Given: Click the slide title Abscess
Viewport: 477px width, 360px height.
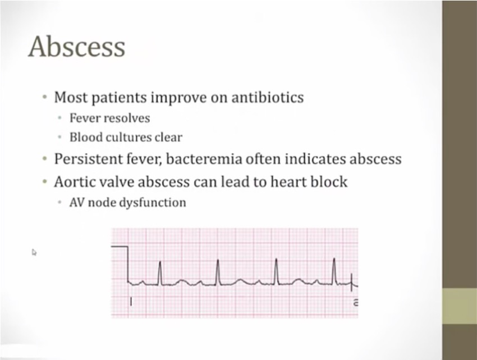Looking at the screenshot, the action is click(x=77, y=47).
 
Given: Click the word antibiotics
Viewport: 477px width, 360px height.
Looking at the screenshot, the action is click(x=267, y=97).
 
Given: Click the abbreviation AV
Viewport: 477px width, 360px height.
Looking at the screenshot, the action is click(x=77, y=202).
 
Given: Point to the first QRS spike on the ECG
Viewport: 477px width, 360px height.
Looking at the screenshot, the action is click(x=160, y=273).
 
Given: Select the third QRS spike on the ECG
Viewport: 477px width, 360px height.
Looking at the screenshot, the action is click(x=276, y=271).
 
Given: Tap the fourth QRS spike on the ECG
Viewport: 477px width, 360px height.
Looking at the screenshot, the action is click(x=334, y=271).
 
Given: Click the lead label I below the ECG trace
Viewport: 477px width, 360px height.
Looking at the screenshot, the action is click(x=131, y=302).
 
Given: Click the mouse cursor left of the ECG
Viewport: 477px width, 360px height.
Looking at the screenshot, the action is click(x=34, y=252).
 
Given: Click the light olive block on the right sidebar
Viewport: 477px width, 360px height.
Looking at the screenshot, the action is click(x=460, y=306).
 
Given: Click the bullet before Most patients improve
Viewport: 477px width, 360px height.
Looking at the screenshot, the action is click(x=45, y=98).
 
